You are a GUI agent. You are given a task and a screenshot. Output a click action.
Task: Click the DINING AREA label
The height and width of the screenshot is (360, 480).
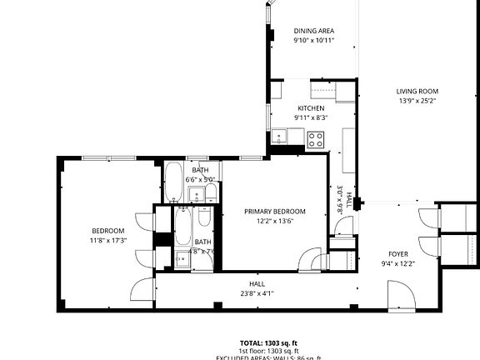pos(313,31)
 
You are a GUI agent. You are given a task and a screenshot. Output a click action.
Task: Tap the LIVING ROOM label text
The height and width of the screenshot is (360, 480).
pos(417,92)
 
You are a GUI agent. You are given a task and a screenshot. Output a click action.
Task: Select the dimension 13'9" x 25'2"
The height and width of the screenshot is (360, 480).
pos(417,101)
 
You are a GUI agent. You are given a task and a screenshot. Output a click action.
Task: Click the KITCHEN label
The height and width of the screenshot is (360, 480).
pos(311,108)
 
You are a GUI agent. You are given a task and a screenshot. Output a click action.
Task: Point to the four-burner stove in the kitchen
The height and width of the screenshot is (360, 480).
pos(316,139)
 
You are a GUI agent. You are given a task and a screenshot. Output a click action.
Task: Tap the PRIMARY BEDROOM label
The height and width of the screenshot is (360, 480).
pos(274,211)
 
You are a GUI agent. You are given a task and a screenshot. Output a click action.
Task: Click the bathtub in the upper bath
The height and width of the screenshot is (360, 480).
pos(173,182)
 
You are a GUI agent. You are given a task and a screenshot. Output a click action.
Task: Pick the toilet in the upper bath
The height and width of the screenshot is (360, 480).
pos(211,194)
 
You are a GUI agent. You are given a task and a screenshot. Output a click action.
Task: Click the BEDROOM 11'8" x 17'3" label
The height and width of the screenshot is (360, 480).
pos(107,235)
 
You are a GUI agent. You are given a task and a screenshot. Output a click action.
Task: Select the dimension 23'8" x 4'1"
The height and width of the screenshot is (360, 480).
pos(257,293)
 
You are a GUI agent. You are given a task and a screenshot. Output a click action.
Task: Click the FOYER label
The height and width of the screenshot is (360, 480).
pos(397,254)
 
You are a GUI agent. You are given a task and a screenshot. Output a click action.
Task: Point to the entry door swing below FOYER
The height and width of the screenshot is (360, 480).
pos(400,293)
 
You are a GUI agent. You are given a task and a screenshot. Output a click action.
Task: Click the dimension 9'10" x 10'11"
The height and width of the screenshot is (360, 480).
pos(313,40)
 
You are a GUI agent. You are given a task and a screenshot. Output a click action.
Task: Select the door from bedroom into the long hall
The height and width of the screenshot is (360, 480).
pos(142,292)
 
